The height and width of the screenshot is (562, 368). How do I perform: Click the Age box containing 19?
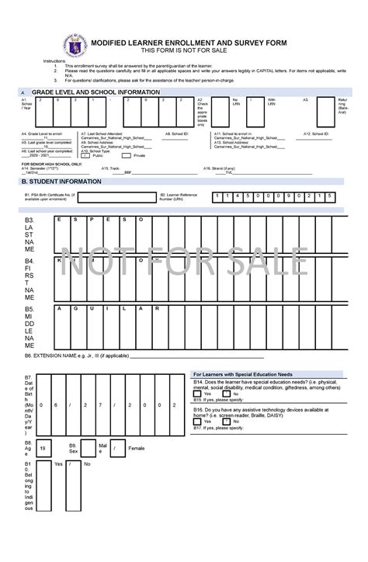point(44,448)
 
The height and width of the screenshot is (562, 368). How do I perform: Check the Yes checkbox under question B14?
point(199,394)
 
